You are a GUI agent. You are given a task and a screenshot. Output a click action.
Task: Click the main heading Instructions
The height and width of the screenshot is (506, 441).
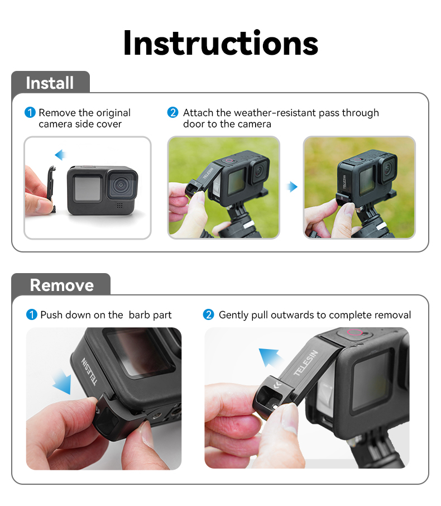220,43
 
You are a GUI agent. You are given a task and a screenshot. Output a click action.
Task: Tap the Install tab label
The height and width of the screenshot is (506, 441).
50,83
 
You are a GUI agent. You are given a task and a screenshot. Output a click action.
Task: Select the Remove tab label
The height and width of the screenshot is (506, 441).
61,285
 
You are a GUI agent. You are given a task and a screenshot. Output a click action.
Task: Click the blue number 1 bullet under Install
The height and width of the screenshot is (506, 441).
30,113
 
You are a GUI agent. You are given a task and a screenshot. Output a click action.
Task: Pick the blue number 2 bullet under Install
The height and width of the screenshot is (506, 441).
172,112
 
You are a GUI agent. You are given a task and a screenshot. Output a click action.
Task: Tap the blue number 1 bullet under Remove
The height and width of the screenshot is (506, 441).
32,314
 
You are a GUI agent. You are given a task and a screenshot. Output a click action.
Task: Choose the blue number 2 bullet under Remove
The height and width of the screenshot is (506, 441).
208,314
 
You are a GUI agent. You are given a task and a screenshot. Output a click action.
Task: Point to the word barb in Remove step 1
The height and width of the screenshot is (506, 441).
138,314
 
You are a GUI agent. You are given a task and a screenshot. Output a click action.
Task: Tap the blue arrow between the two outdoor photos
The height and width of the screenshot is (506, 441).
293,187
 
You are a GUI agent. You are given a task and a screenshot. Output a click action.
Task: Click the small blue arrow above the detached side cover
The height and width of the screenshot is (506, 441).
60,155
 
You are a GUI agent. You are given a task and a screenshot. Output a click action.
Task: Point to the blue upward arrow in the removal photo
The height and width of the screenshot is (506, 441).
270,356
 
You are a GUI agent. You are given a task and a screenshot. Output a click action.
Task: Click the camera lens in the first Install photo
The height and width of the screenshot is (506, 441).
121,185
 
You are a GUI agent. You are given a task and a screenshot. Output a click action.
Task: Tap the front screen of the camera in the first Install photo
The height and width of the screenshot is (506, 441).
88,188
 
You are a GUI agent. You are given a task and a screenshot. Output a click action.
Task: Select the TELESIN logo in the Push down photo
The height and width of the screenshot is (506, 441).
89,371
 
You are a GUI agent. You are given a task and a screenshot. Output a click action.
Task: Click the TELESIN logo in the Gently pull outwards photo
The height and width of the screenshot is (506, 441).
306,362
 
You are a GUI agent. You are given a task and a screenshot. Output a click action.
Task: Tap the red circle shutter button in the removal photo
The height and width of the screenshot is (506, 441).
354,332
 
